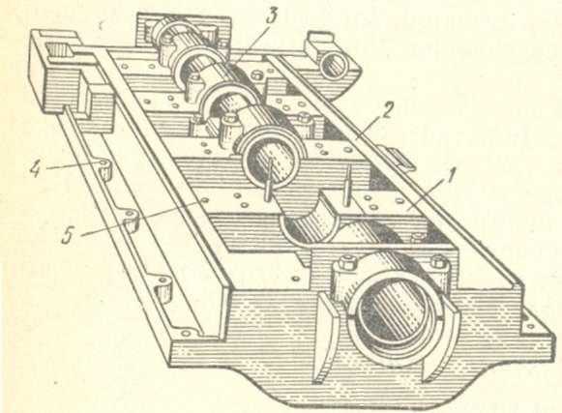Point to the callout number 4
pos(37,167)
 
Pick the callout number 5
pos(68,236)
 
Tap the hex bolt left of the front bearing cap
pos(347,263)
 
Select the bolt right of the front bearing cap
pos(438,260)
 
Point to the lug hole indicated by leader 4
pos(104,163)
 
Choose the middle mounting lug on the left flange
pos(131,220)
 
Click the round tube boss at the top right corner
pos(334,65)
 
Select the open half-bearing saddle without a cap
pos(310,226)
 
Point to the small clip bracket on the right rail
pos(399,158)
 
